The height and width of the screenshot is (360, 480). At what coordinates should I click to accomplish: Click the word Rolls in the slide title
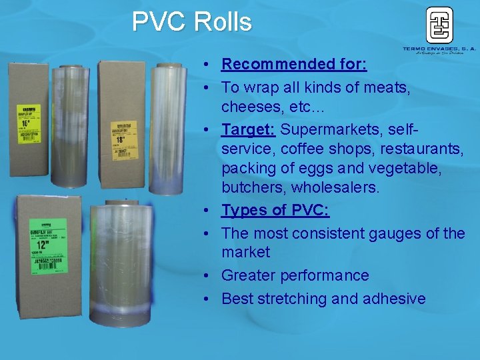click(223, 22)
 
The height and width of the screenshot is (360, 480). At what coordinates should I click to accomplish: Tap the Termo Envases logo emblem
click(439, 25)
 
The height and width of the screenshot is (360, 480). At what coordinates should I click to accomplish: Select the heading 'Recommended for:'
click(293, 64)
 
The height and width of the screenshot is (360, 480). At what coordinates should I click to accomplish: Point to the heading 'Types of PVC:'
click(275, 211)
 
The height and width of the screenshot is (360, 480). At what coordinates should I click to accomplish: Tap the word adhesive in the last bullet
click(394, 299)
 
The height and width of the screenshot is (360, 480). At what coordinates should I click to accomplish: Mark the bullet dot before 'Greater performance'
click(209, 276)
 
